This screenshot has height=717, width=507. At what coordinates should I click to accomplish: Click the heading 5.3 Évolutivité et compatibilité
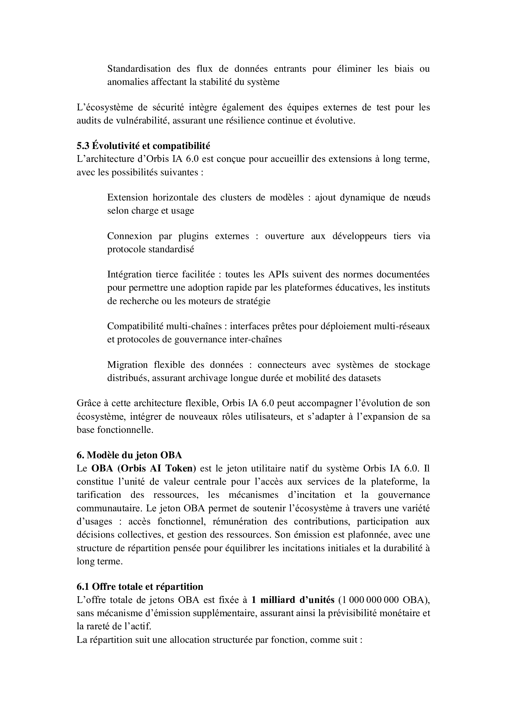[x=143, y=146]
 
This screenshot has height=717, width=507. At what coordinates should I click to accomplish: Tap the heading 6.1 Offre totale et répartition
[x=140, y=586]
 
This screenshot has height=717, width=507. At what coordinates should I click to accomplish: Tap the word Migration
[x=128, y=365]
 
